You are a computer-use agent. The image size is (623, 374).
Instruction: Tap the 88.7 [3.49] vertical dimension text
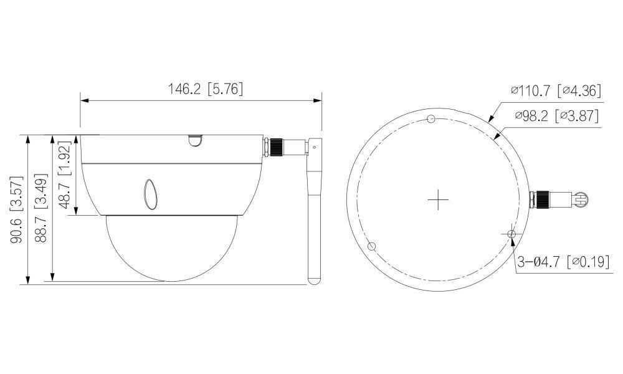coord(42,209)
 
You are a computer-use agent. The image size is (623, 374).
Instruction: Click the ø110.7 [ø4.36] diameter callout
coord(555,91)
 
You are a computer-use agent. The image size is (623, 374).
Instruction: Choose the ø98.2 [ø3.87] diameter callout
coord(557,115)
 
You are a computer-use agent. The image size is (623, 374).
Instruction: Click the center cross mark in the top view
coord(439,199)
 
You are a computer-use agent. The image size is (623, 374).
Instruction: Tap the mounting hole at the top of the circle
coord(430,119)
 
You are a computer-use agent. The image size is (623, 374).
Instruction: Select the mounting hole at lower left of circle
coord(371,246)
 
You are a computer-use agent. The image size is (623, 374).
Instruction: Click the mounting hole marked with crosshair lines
coord(511,233)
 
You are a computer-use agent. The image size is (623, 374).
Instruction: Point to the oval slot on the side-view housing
coord(151,194)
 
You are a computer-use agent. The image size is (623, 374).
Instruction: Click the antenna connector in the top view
coord(558,200)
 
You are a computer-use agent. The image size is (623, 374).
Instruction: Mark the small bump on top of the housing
coord(194,141)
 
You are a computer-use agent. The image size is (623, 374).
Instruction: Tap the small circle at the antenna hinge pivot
coord(315,147)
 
